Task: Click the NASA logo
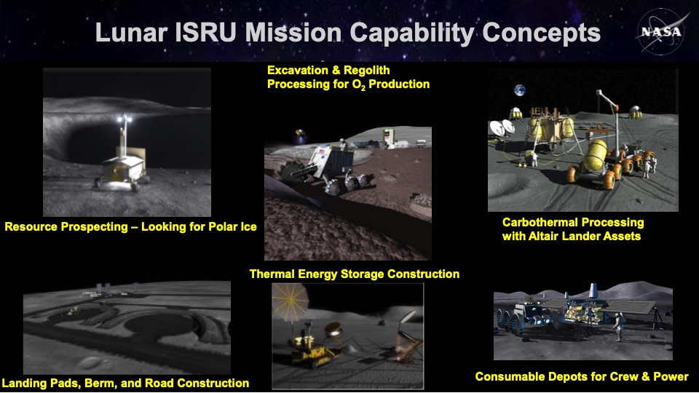[661, 31]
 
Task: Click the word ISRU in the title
[205, 33]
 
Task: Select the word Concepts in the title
[541, 33]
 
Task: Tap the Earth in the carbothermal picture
[519, 90]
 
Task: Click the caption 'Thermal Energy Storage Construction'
[355, 274]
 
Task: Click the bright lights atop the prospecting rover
[125, 119]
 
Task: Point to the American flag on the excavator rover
[322, 151]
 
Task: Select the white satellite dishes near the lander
[502, 127]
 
